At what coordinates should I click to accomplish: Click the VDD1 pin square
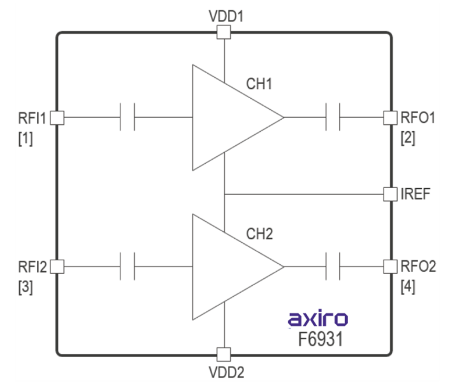click(x=224, y=32)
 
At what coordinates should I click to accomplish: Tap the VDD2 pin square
click(x=224, y=354)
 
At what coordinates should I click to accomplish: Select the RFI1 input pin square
click(x=57, y=117)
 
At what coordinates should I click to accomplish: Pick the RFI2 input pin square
click(x=57, y=267)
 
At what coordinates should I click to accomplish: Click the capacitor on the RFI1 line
click(x=127, y=117)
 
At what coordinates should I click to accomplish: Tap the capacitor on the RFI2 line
click(x=127, y=267)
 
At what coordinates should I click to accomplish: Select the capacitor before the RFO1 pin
click(x=333, y=117)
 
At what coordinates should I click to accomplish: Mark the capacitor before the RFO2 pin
click(x=333, y=267)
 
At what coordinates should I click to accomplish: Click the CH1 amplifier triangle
click(x=230, y=117)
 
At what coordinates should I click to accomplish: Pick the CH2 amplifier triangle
click(x=230, y=267)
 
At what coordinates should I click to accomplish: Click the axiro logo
click(x=318, y=318)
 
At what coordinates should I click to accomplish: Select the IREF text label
click(x=415, y=194)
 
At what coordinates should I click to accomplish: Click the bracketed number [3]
click(x=26, y=287)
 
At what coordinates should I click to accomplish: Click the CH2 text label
click(x=259, y=234)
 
